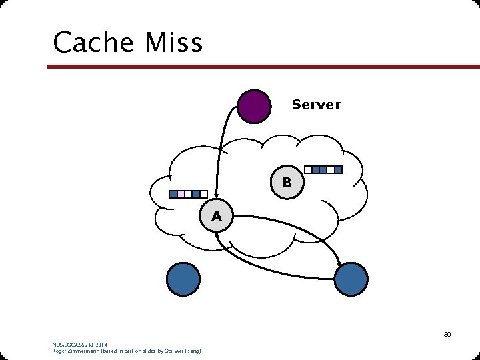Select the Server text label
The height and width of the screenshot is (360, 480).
tap(316, 105)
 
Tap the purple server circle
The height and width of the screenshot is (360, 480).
tap(255, 107)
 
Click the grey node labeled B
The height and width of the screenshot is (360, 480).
tap(287, 182)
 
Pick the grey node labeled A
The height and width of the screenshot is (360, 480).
tap(216, 215)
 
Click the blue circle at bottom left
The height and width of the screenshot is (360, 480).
tap(183, 279)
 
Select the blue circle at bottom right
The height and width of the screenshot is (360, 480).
tap(351, 279)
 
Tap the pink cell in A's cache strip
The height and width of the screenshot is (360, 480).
tap(181, 195)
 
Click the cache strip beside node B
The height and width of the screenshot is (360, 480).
tap(323, 169)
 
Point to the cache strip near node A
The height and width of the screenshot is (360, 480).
tap(185, 195)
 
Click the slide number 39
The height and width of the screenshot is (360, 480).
tap(447, 335)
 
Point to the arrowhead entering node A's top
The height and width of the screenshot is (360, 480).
tap(215, 195)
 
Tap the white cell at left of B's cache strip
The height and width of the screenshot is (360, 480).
tap(308, 169)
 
